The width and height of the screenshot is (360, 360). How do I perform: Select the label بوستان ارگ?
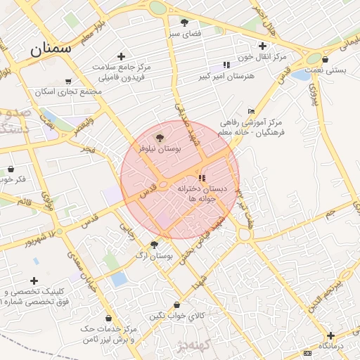coord(157,257)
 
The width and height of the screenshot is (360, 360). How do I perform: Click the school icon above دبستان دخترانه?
coord(202,178)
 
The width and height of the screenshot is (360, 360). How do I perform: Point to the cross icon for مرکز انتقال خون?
coord(262,46)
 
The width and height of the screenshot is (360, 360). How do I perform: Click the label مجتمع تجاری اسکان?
coord(72,92)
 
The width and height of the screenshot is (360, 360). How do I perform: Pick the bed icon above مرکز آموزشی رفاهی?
coord(252,111)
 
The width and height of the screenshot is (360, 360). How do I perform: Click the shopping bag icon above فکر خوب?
coord(11,169)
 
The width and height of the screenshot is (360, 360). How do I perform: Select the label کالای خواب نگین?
coord(176,316)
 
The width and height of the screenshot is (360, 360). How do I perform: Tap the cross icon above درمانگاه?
coord(330,335)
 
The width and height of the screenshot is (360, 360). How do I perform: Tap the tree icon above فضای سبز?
coord(185,22)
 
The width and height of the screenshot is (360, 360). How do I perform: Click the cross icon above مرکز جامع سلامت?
coord(121,56)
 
